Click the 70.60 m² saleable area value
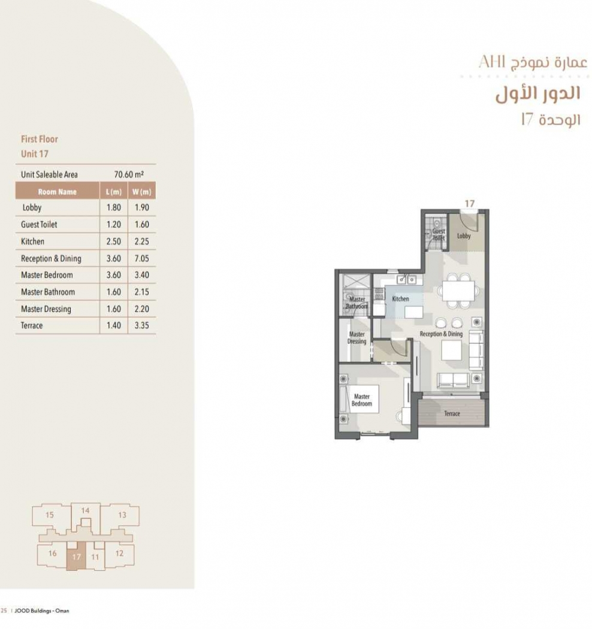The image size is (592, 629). pyautogui.click(x=129, y=174)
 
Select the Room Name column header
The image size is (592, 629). pyautogui.click(x=57, y=192)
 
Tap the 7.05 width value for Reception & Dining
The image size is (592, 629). pyautogui.click(x=141, y=258)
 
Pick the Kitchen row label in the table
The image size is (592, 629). pyautogui.click(x=32, y=241)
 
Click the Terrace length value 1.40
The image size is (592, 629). pyautogui.click(x=114, y=325)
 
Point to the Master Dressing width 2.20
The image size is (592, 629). pyautogui.click(x=141, y=309)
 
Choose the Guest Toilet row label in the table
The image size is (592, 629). pyautogui.click(x=39, y=225)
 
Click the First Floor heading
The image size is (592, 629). pyautogui.click(x=40, y=139)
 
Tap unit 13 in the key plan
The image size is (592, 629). pyautogui.click(x=122, y=515)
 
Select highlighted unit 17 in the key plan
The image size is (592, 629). pyautogui.click(x=76, y=557)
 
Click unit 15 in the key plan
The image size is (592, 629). pyautogui.click(x=49, y=515)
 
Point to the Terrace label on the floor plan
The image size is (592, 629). pyautogui.click(x=452, y=413)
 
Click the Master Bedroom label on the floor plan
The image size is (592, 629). pyautogui.click(x=362, y=400)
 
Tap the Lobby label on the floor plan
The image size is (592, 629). pyautogui.click(x=464, y=236)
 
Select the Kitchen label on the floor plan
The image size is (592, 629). pyautogui.click(x=400, y=299)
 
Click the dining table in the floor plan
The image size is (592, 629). pyautogui.click(x=458, y=291)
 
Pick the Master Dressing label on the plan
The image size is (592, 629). pyautogui.click(x=357, y=338)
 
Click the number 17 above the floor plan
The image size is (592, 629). pyautogui.click(x=470, y=204)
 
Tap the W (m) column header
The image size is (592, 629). pyautogui.click(x=141, y=192)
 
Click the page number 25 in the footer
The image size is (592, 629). pyautogui.click(x=4, y=610)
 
